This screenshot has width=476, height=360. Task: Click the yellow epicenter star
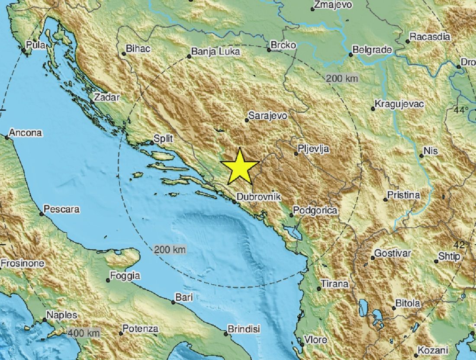click(x=239, y=167)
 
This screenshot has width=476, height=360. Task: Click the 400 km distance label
click(x=84, y=333)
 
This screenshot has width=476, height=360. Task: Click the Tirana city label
click(x=334, y=284)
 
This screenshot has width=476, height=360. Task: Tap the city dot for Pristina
click(x=385, y=199)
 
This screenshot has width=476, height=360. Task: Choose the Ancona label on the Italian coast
click(x=26, y=133)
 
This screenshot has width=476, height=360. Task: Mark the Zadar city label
click(x=106, y=97)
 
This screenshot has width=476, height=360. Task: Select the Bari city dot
click(x=174, y=302)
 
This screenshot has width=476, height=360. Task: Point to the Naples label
click(x=62, y=315)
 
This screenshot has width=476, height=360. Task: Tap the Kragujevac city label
click(x=399, y=104)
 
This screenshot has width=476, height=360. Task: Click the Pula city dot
click(x=24, y=50)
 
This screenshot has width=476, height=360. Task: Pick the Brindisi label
click(x=244, y=329)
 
